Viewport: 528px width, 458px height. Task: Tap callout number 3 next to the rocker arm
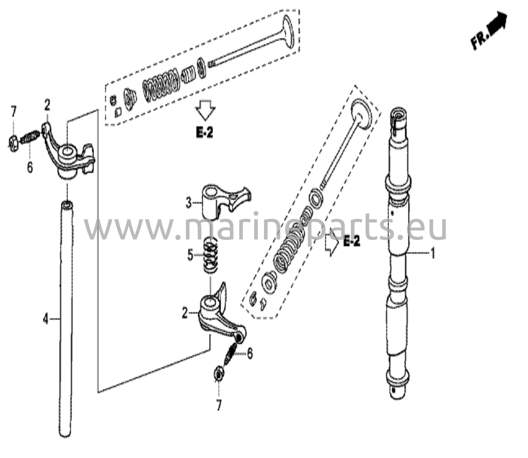[189, 203]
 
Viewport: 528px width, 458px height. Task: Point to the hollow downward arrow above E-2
[205, 110]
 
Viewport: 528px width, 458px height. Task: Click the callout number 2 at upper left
[47, 105]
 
